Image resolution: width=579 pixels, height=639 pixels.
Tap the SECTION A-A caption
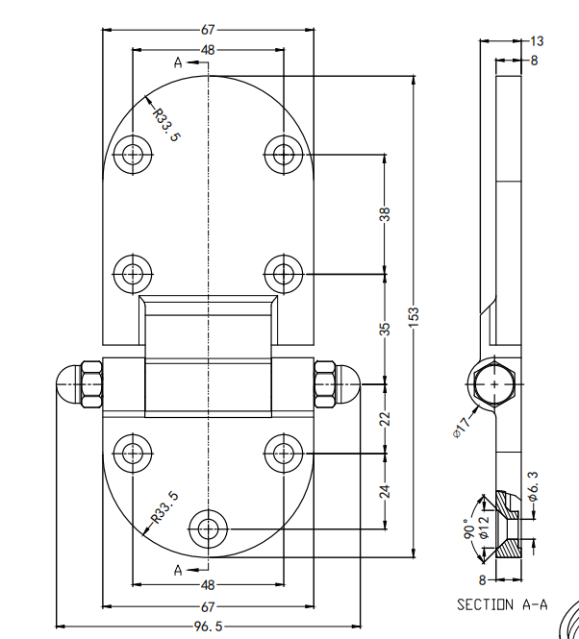(x=501, y=604)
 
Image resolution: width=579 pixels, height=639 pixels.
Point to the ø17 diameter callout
(x=463, y=425)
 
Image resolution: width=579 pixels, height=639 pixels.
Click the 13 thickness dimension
(x=536, y=41)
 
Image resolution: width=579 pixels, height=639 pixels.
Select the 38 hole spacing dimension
(x=386, y=214)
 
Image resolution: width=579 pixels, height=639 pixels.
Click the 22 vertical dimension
(x=386, y=418)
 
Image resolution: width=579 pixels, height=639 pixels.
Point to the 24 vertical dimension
(x=386, y=490)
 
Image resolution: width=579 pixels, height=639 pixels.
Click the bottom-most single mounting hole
(x=207, y=528)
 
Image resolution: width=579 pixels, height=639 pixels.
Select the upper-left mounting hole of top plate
(x=132, y=154)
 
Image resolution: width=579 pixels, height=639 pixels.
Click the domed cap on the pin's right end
(x=346, y=382)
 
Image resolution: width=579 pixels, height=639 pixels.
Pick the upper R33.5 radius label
(x=165, y=123)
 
